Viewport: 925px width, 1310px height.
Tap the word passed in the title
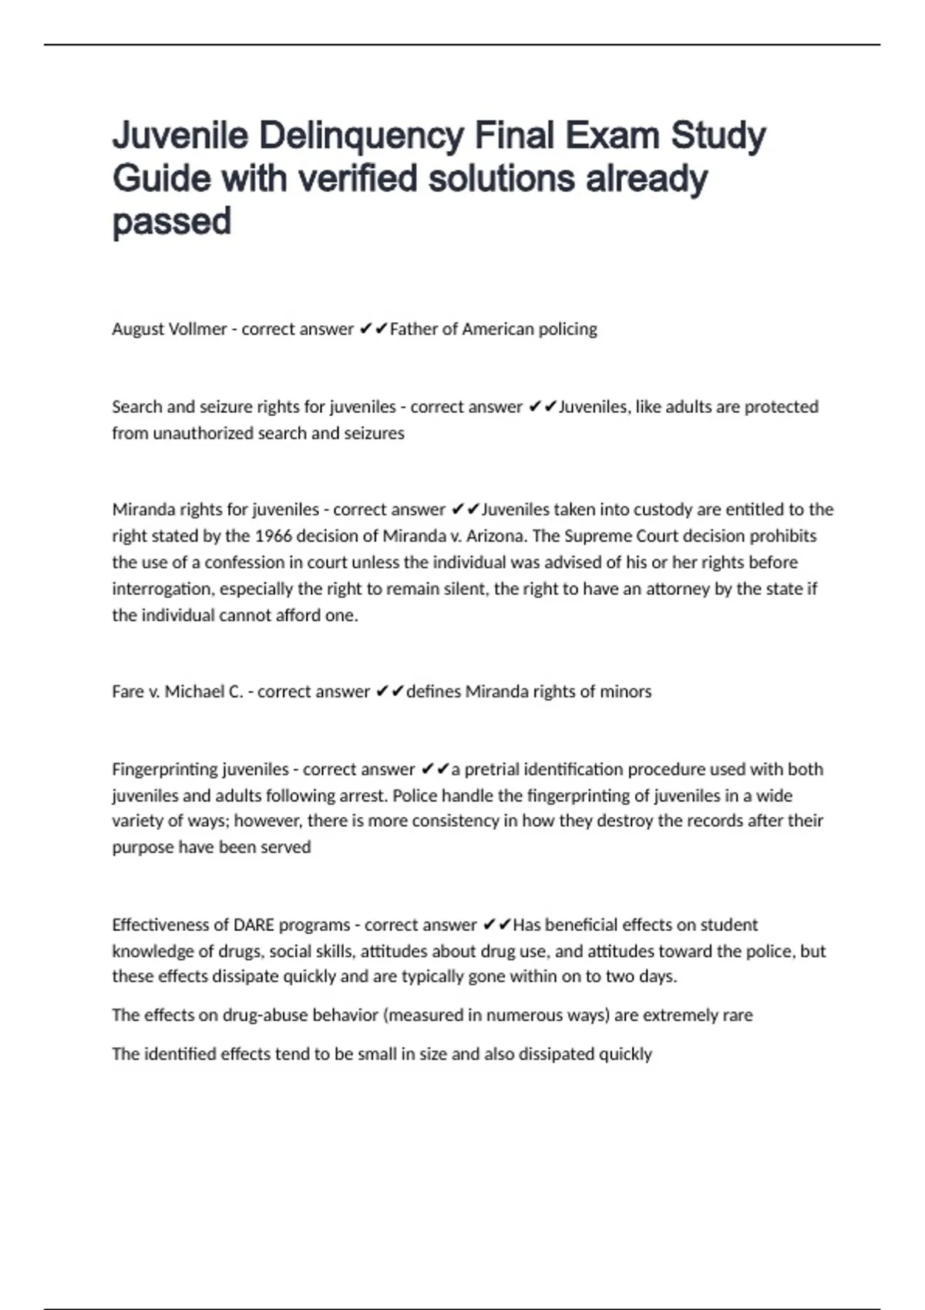pos(172,222)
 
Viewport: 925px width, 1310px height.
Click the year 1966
pos(273,536)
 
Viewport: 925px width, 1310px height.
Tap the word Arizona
pos(501,536)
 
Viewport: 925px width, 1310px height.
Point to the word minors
pos(626,691)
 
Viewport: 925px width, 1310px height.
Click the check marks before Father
pos(373,329)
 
